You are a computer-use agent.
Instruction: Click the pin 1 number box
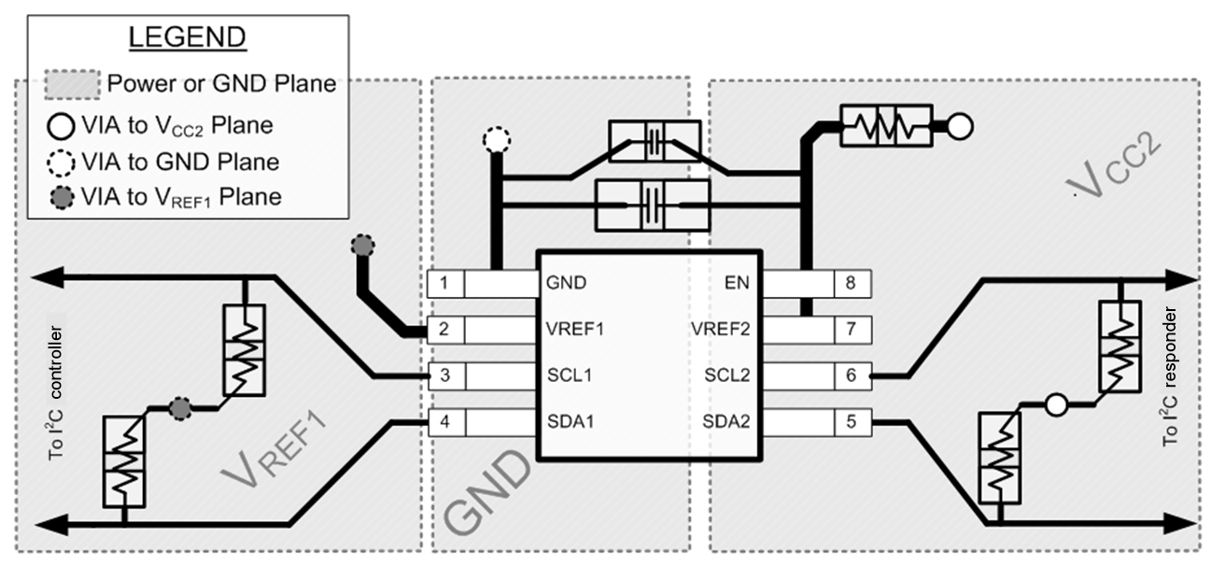444,283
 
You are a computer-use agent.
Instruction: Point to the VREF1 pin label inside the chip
575,329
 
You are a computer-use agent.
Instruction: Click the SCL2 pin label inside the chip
725,375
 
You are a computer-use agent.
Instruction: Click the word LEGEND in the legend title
186,38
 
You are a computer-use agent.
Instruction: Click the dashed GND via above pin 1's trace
497,141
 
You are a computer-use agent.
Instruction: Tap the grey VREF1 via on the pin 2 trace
362,247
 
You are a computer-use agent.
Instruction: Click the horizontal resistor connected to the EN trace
885,124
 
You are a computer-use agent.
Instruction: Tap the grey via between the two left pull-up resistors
180,407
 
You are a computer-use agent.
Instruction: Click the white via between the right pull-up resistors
1055,405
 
